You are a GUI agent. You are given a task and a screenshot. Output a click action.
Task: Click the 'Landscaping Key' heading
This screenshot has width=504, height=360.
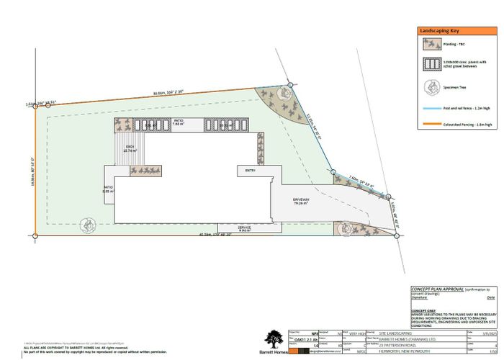coord(438,32)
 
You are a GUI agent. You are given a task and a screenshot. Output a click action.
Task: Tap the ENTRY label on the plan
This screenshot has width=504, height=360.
coord(250,171)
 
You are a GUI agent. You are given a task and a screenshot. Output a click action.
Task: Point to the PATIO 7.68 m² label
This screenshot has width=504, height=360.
coord(179,123)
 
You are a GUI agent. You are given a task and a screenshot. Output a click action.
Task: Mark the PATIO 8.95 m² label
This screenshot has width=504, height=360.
coord(108,190)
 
